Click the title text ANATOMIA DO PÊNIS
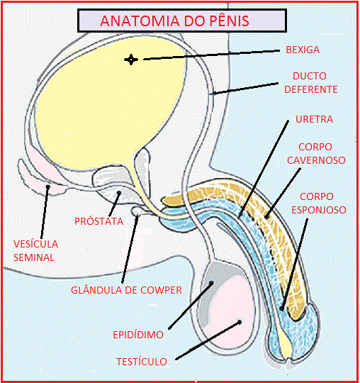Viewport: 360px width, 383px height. pos(174,21)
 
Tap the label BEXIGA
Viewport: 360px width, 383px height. pos(303,50)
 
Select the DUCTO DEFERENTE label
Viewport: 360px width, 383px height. pos(310,82)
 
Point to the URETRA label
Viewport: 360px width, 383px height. pos(315,119)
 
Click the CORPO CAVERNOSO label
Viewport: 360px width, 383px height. pos(316,153)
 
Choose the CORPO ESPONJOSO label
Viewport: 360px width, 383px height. pos(318,204)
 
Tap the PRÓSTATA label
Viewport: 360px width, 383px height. pos(99,221)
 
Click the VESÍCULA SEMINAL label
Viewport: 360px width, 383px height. pos(35,250)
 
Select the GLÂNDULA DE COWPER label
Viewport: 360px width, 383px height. pos(126,290)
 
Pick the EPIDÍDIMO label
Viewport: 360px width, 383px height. pos(138,335)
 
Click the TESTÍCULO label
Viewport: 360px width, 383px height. pos(142,362)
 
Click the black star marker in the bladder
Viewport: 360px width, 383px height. pos(131,60)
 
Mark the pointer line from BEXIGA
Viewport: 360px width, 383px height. pos(211,55)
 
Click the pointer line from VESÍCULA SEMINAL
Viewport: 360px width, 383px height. pos(45,212)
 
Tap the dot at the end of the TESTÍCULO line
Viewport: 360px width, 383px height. pos(240,322)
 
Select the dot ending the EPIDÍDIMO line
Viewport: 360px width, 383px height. pos(211,283)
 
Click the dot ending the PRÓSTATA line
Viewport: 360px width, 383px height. pos(119,193)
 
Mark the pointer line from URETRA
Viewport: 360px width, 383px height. pos(264,169)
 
